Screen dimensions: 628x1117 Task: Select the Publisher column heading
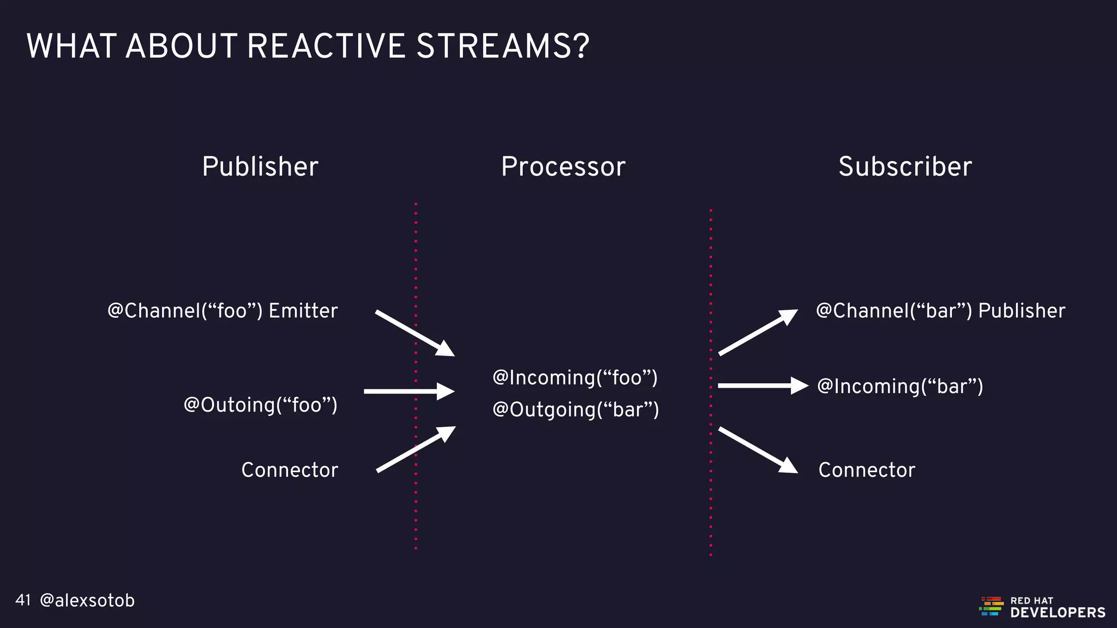pyautogui.click(x=260, y=166)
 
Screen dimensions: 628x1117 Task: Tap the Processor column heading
pyautogui.click(x=563, y=166)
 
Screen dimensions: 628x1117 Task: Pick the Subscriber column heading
pyautogui.click(x=905, y=166)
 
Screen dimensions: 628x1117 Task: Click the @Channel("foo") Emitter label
pyautogui.click(x=223, y=311)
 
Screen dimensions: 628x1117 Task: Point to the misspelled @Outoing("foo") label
pyautogui.click(x=260, y=405)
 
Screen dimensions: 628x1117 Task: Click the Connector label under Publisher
pyautogui.click(x=290, y=470)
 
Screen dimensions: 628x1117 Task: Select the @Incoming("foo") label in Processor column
pyautogui.click(x=575, y=377)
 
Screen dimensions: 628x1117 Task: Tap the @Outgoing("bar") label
pyautogui.click(x=575, y=409)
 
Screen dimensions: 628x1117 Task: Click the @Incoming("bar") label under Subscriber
pyautogui.click(x=900, y=387)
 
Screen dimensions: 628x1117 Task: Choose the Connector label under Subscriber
pyautogui.click(x=867, y=470)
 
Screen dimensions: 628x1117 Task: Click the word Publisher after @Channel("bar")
pyautogui.click(x=1021, y=311)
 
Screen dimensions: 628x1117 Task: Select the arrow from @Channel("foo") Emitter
pyautogui.click(x=415, y=333)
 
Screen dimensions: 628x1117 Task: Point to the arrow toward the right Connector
pyautogui.click(x=758, y=450)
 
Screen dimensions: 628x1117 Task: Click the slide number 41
pyautogui.click(x=23, y=600)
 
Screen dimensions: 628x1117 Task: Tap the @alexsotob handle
pyautogui.click(x=87, y=600)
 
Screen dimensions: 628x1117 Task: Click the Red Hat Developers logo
pyautogui.click(x=1042, y=607)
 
